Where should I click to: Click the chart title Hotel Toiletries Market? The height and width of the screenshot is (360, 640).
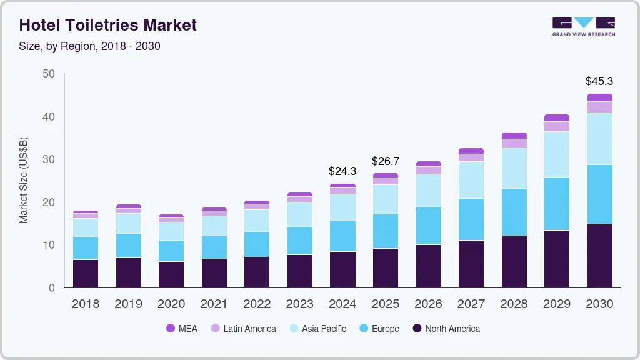[108, 25]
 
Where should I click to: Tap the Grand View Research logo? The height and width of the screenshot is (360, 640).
[583, 27]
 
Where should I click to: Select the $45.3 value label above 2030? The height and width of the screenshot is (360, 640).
[599, 81]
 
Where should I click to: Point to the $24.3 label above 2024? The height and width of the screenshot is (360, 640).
[342, 171]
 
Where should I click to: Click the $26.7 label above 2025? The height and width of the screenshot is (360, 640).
[385, 161]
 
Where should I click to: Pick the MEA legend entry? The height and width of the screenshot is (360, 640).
[182, 329]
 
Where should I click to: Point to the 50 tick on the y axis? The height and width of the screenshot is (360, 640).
[49, 74]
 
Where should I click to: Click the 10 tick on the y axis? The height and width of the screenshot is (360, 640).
[49, 245]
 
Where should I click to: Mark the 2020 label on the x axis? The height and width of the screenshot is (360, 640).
[171, 304]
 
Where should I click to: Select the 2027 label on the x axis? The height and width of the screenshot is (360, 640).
[471, 304]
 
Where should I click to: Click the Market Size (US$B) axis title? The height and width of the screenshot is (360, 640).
[24, 180]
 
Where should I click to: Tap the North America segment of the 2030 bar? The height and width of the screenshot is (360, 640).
[599, 256]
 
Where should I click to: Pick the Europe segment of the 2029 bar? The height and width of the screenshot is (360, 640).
[556, 204]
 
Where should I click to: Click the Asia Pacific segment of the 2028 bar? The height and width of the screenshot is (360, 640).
[514, 168]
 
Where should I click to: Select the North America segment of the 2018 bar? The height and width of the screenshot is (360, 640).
[86, 273]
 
